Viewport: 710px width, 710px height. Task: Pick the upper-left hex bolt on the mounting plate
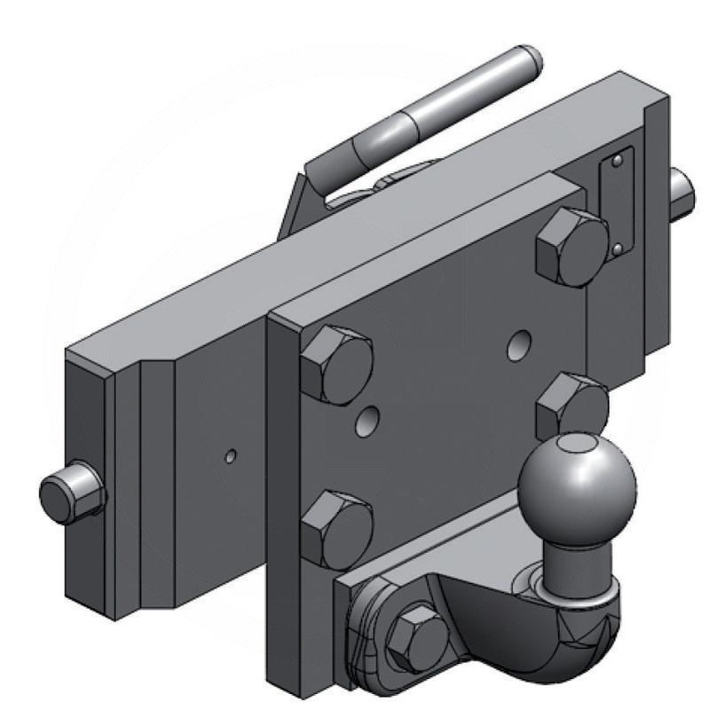[336, 364]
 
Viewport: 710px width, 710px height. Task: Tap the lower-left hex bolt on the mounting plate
[335, 527]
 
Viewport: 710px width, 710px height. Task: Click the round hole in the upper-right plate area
[517, 345]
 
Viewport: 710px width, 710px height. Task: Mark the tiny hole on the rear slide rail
[231, 456]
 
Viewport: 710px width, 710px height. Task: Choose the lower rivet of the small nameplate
[617, 249]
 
